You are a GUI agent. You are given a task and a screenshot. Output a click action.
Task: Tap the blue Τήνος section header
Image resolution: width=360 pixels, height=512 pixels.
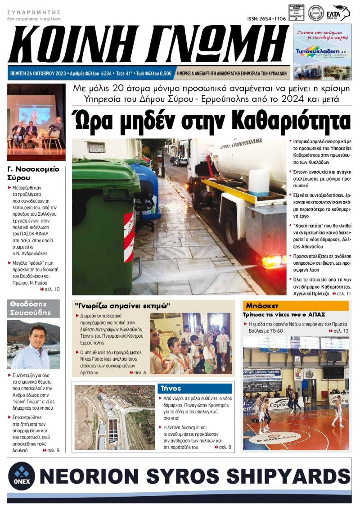coord(195,388)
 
